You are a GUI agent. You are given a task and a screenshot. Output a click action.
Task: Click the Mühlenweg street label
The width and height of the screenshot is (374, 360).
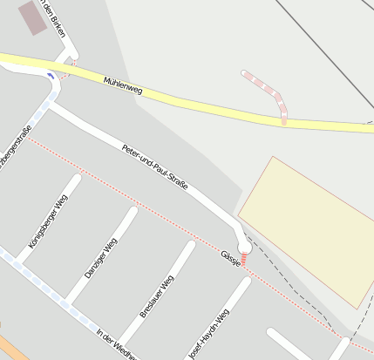point(123,85)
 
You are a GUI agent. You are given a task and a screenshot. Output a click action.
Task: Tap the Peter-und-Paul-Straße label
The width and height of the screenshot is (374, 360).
point(155,167)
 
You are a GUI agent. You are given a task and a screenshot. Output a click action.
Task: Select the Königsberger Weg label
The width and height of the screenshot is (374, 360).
point(48,222)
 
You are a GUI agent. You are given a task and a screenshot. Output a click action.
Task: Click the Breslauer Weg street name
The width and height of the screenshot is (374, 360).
point(157,296)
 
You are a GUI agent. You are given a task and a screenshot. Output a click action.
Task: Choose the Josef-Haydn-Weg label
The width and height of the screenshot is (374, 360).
point(209,333)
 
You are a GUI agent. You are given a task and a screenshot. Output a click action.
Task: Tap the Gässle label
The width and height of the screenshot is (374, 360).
point(231,257)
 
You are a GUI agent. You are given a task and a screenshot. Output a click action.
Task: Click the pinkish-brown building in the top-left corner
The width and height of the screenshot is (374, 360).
point(33,17)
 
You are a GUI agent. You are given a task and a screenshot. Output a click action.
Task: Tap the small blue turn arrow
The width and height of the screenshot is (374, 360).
point(51,76)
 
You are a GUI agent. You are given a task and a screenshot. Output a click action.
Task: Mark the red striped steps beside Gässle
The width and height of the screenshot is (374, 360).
point(245,259)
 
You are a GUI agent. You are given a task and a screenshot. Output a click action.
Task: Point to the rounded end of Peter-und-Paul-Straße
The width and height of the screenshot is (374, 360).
point(245,248)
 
